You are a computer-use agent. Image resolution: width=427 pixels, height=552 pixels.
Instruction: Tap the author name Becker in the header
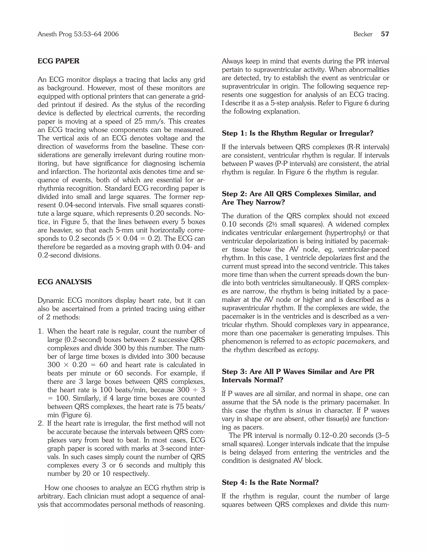click(363, 34)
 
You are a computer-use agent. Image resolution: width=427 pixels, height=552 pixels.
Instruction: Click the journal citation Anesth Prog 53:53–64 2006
click(78, 34)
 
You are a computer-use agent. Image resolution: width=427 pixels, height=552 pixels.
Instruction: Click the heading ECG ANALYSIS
click(64, 282)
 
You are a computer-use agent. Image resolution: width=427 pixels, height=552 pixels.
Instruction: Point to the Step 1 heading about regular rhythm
click(298, 133)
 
